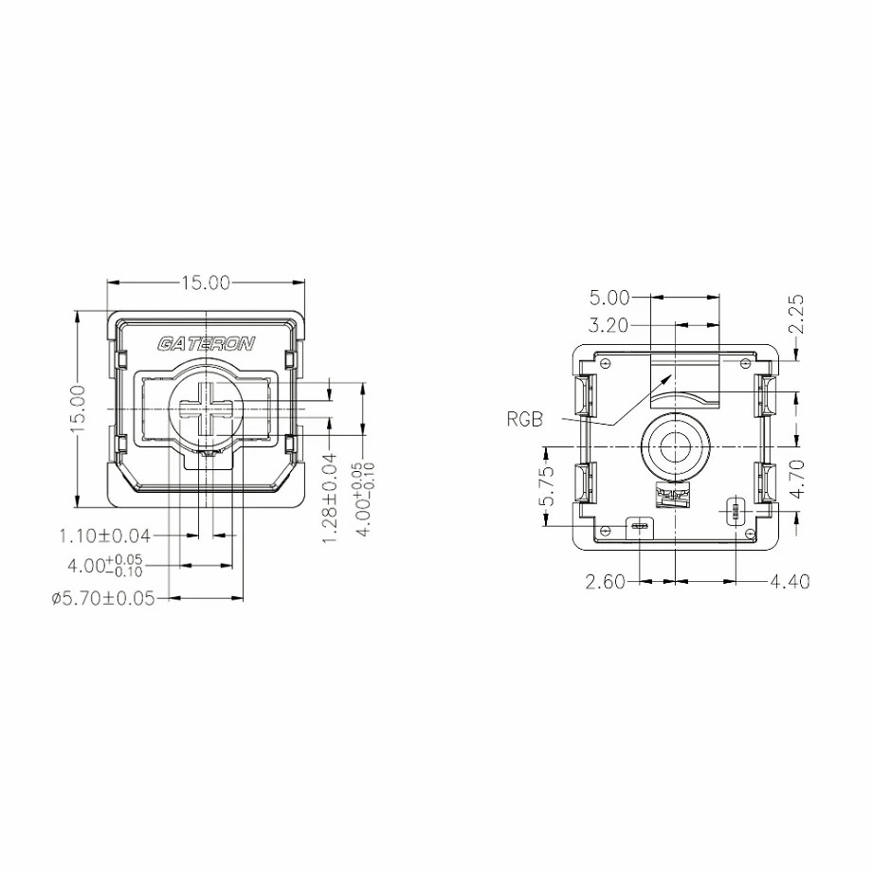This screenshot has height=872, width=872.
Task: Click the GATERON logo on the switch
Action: click(x=206, y=344)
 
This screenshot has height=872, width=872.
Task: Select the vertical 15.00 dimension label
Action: click(x=79, y=409)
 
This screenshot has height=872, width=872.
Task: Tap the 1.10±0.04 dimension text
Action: click(x=105, y=536)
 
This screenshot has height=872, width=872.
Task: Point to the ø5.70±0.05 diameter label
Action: click(x=103, y=598)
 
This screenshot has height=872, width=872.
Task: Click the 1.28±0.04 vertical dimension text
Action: click(x=330, y=499)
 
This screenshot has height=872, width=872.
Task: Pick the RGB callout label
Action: click(x=524, y=419)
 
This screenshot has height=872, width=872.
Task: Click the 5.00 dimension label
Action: click(x=609, y=298)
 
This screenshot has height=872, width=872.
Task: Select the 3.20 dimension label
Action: click(x=608, y=325)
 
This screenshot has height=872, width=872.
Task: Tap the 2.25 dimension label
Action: click(x=796, y=315)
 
